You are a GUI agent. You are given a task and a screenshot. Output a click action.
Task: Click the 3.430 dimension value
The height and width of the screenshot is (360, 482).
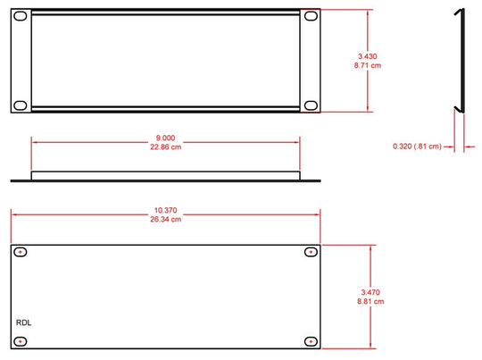[x=368, y=56]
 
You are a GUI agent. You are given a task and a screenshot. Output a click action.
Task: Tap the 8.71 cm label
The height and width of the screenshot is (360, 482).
[x=368, y=65]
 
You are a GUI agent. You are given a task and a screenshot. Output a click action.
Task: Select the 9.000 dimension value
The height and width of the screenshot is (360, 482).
[x=165, y=138]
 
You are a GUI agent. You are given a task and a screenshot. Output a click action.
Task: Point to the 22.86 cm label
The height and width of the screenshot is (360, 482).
[x=165, y=147]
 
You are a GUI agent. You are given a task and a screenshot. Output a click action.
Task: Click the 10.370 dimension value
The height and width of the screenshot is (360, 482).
[x=165, y=210]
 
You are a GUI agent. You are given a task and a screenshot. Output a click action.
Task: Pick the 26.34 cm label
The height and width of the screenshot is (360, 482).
[x=165, y=219]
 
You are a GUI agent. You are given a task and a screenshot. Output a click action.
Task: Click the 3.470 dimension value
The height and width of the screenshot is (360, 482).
[x=370, y=292]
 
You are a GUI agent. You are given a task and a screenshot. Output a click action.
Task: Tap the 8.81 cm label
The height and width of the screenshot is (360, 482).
[x=370, y=301]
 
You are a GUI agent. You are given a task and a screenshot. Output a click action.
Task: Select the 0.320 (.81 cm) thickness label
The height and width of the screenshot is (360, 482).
[x=417, y=147]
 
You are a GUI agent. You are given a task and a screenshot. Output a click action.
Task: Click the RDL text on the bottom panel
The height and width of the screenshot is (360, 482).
[x=24, y=322]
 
